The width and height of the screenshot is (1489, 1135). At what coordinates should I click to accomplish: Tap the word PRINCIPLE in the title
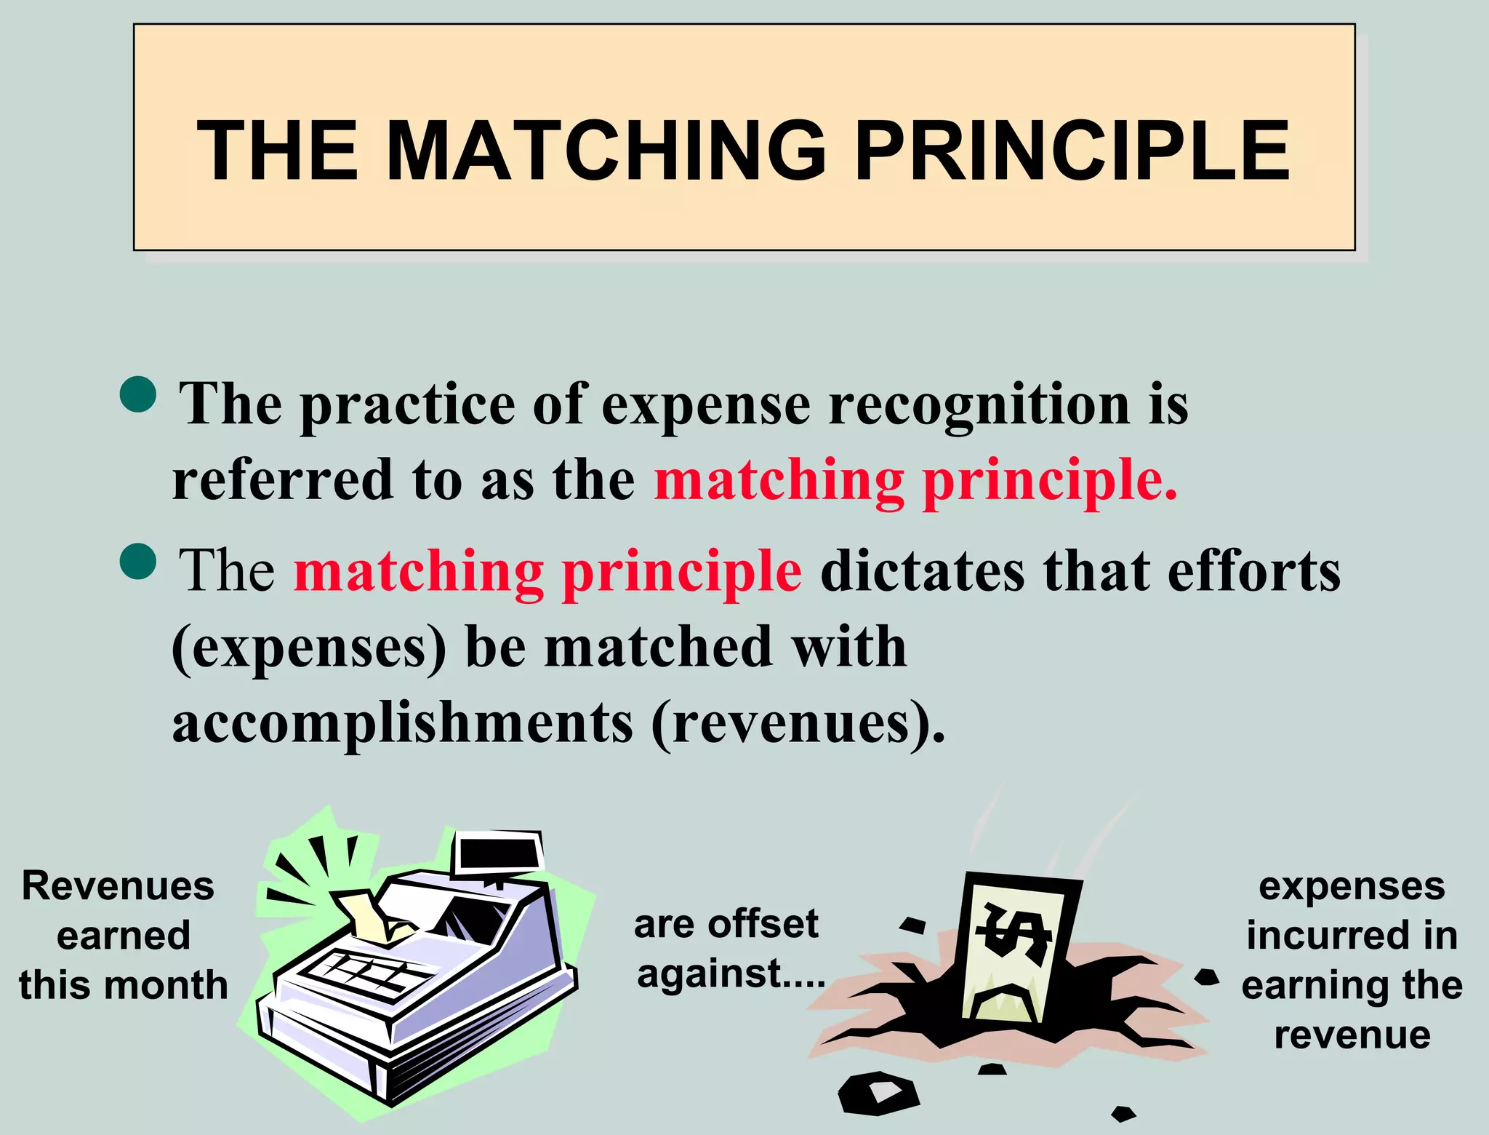(x=1072, y=151)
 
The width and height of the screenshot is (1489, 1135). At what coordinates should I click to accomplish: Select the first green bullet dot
(x=138, y=395)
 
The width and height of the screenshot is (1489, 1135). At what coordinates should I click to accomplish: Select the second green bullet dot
(x=138, y=562)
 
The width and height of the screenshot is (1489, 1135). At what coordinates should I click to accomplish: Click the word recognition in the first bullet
(x=979, y=405)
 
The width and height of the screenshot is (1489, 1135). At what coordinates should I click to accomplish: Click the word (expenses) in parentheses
(x=309, y=648)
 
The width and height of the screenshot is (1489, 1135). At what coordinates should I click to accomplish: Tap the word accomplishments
(x=403, y=723)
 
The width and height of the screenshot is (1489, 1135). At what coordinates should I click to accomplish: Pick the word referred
(x=283, y=480)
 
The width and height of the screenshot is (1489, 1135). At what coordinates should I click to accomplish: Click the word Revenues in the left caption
(x=118, y=886)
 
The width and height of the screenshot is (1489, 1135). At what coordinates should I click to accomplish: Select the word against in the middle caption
(x=709, y=973)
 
